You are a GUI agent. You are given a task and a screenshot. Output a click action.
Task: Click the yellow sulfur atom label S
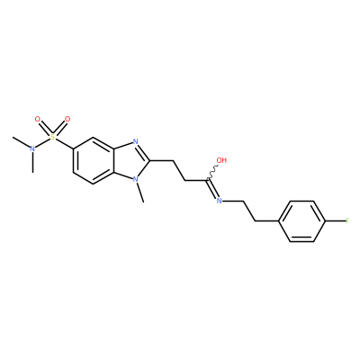[53, 138]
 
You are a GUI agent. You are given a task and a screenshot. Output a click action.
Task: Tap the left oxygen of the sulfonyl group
[38, 120]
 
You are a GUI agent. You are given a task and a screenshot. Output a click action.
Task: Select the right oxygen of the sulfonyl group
[67, 120]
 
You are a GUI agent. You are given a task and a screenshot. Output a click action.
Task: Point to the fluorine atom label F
[347, 221]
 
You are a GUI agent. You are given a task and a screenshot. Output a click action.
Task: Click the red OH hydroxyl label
[221, 160]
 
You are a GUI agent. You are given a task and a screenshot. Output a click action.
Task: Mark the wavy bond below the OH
[212, 173]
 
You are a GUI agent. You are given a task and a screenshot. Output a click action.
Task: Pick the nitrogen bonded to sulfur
[32, 148]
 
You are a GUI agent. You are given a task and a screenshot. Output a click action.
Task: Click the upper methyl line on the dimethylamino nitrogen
[21, 142]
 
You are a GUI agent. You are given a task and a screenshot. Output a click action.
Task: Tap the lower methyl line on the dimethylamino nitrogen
[32, 162]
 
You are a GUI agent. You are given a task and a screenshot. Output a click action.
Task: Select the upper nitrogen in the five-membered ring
[135, 141]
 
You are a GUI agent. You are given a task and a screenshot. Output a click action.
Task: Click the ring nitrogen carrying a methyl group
[136, 180]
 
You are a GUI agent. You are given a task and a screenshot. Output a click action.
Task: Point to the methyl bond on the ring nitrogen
[140, 193]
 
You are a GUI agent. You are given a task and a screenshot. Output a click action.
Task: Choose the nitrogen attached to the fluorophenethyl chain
[220, 201]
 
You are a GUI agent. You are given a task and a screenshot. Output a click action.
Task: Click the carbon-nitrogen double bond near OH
[212, 189]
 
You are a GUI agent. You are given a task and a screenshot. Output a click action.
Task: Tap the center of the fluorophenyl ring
[302, 221]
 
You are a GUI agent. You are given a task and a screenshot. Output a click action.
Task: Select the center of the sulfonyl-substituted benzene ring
[93, 161]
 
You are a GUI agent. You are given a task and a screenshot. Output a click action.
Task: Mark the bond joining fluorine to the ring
[335, 221]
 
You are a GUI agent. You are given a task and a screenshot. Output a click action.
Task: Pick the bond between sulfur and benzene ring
[64, 144]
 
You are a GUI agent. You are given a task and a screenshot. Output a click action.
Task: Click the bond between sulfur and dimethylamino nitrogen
[43, 143]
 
